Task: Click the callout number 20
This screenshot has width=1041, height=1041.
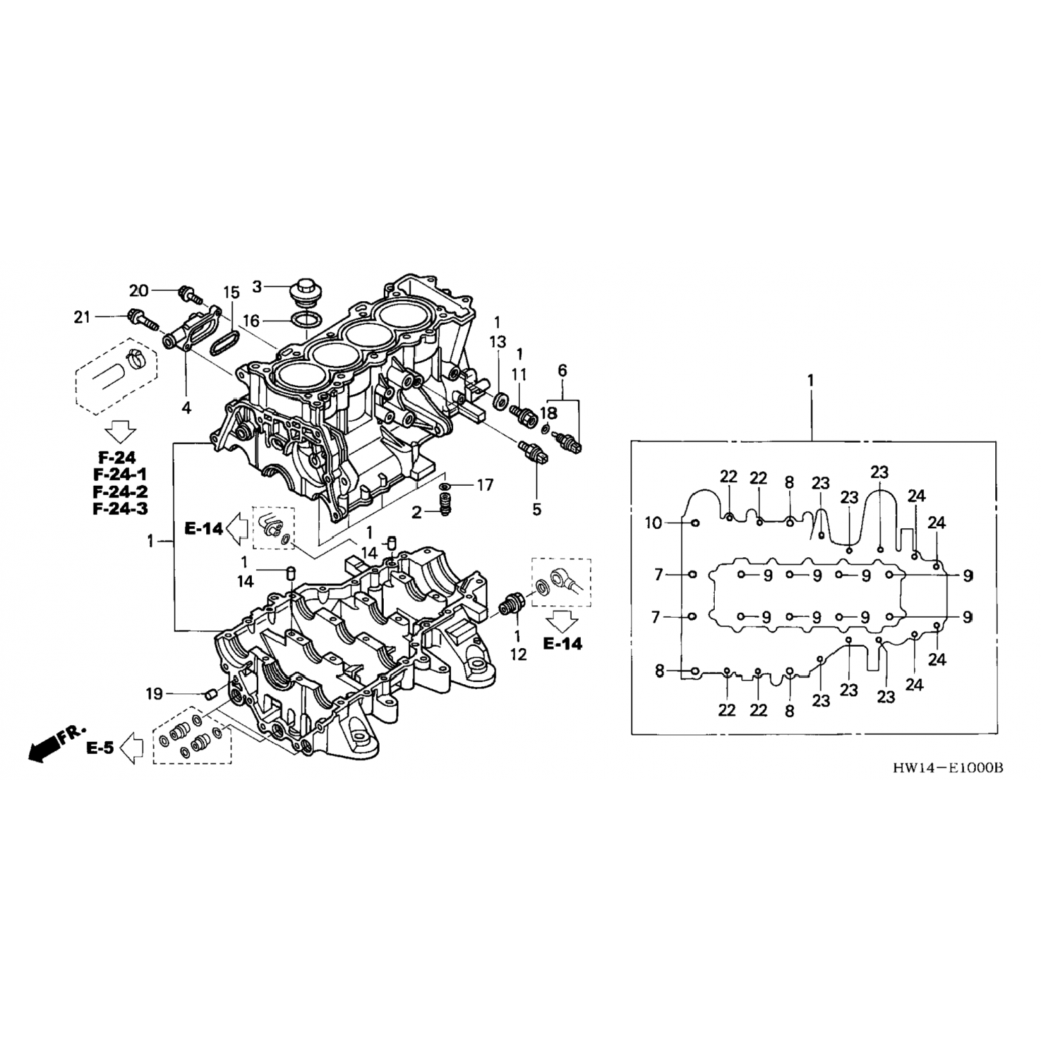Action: point(139,290)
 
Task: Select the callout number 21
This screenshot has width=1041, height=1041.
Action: point(82,317)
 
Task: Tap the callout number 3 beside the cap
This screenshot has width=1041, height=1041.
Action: point(257,286)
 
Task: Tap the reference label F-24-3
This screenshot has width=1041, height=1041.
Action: point(119,509)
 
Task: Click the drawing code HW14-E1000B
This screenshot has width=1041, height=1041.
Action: point(948,768)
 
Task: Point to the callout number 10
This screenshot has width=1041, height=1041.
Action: point(654,523)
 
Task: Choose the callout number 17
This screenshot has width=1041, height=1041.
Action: point(484,485)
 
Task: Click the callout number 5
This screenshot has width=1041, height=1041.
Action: point(536,509)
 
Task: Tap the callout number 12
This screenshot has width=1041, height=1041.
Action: point(518,654)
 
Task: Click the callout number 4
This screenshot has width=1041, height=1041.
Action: point(186,408)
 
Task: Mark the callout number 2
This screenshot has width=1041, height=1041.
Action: point(416,513)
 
